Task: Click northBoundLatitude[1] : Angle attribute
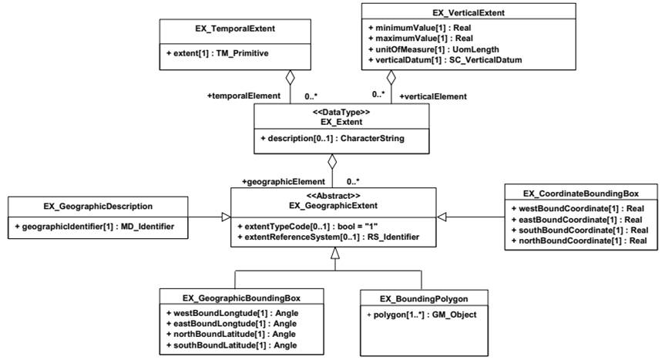click(x=232, y=334)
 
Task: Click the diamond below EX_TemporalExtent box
click(x=290, y=78)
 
